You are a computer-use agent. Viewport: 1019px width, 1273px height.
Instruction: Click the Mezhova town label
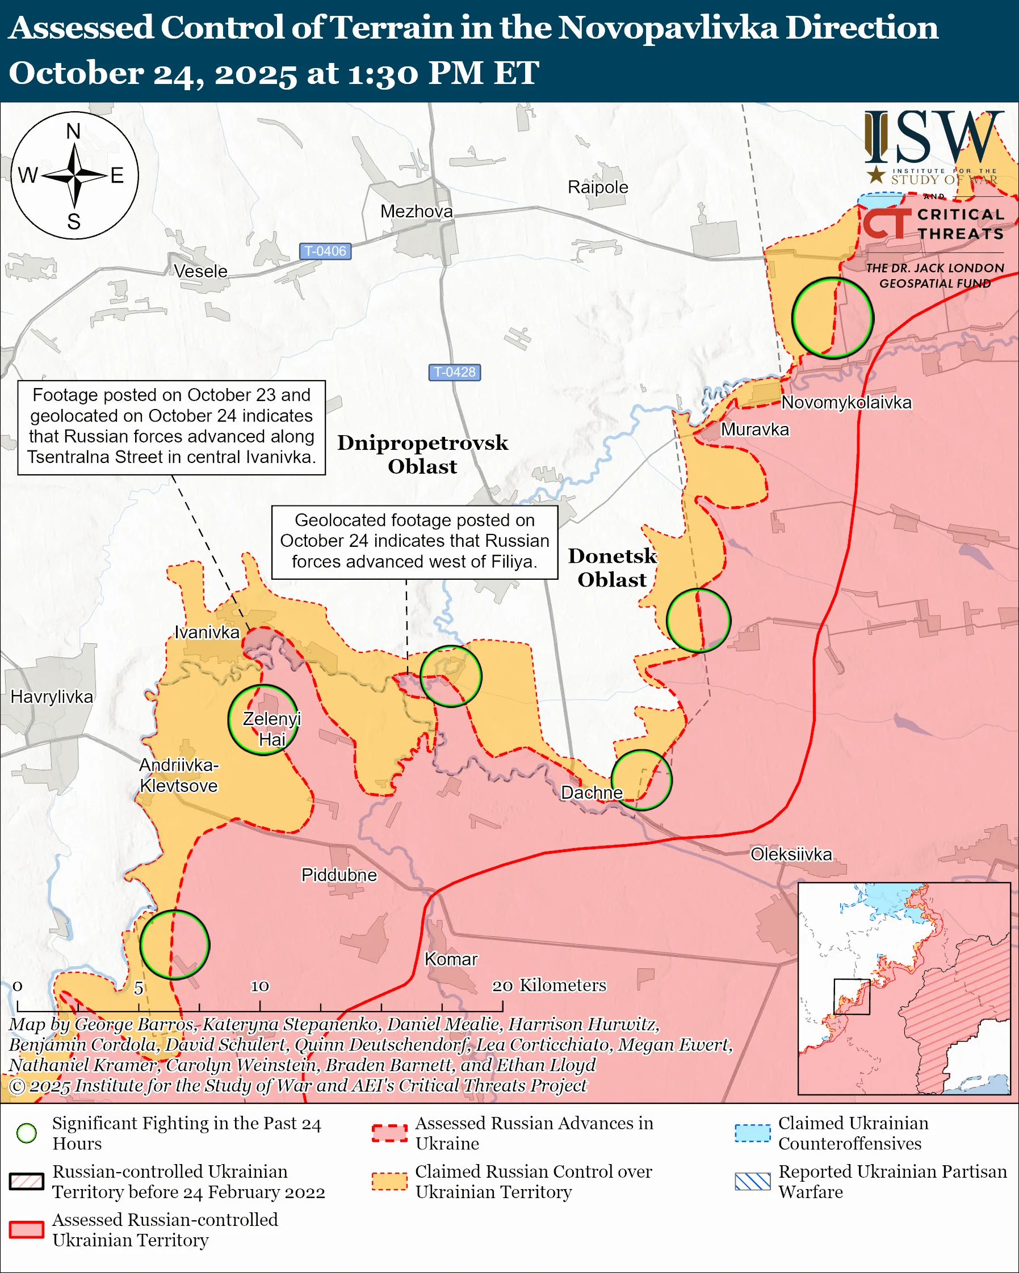point(417,212)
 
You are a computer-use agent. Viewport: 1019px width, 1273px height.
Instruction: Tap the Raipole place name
point(598,187)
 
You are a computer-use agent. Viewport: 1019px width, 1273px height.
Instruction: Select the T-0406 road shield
point(325,251)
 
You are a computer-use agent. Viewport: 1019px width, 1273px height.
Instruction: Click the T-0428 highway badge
point(454,372)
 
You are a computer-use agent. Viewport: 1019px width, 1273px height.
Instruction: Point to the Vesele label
point(201,272)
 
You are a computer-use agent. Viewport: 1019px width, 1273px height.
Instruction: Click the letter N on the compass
point(73,131)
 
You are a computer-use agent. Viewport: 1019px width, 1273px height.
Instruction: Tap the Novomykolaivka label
point(846,403)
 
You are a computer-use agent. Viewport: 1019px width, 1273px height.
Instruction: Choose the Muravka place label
point(755,429)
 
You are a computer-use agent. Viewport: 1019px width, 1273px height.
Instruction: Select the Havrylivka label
point(52,697)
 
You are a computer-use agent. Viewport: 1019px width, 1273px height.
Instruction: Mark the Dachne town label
point(592,793)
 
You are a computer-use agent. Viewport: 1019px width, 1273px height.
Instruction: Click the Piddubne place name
point(339,875)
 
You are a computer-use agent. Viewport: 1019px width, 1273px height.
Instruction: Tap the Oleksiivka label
point(791,854)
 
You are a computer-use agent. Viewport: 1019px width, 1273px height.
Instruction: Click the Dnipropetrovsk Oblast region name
point(422,454)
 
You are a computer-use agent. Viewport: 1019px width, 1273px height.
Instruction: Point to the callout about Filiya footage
point(414,541)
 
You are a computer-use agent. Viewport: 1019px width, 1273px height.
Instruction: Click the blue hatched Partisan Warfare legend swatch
point(753,1182)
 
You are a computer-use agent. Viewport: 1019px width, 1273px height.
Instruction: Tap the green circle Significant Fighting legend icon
point(27,1133)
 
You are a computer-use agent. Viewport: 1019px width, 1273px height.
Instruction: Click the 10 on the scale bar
point(260,987)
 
